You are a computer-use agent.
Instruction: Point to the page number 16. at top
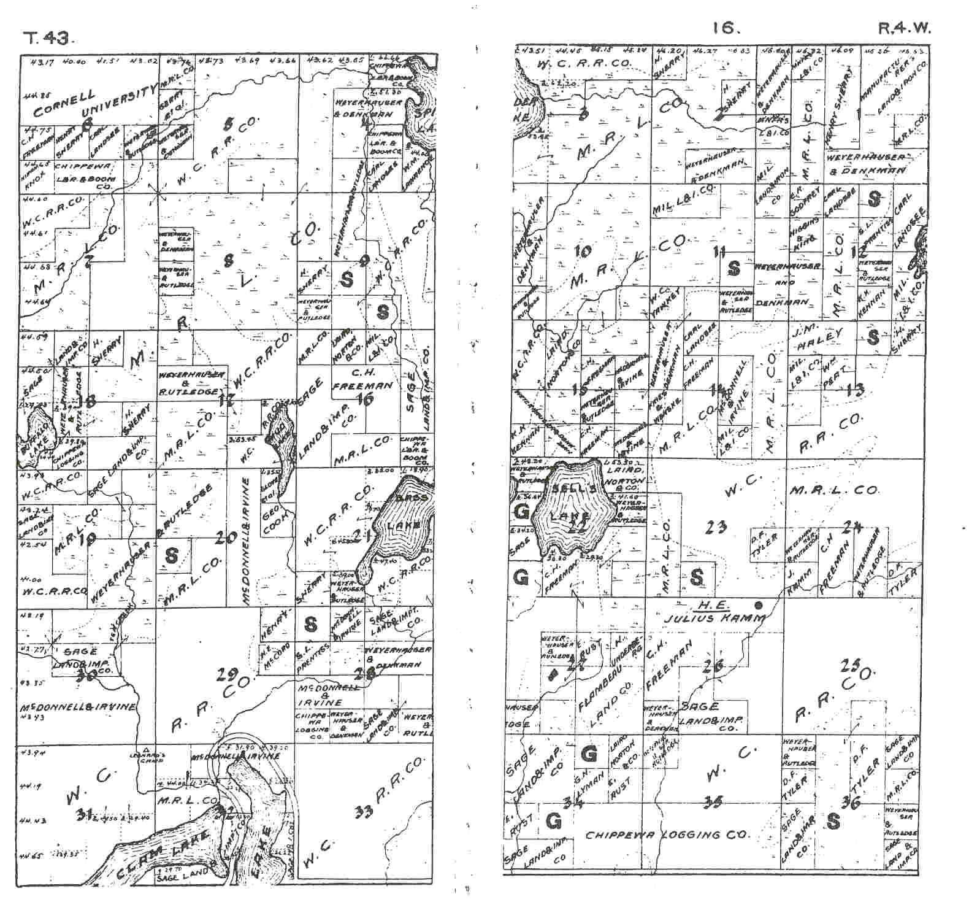click(x=727, y=28)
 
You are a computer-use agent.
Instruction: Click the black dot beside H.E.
click(x=759, y=603)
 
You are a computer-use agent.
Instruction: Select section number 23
click(x=716, y=526)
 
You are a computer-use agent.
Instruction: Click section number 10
click(x=583, y=250)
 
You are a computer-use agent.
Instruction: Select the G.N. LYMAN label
click(x=581, y=788)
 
